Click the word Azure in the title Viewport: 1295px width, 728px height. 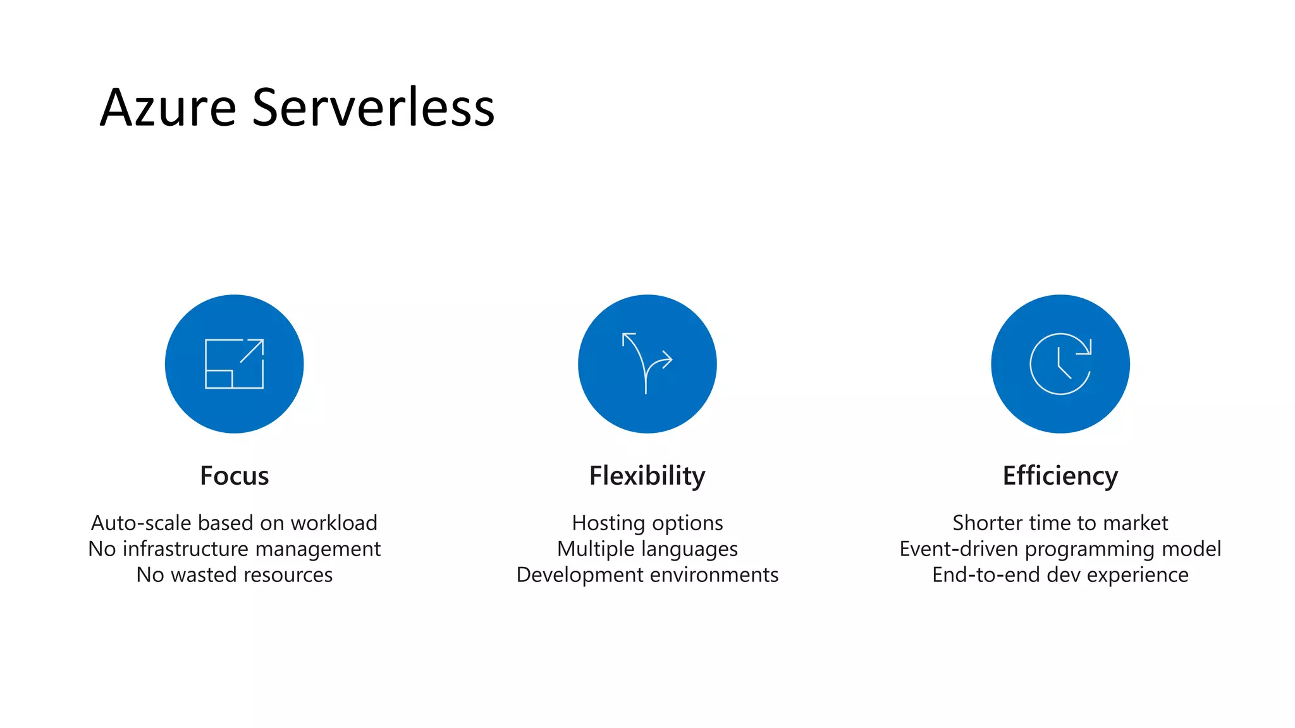pyautogui.click(x=168, y=107)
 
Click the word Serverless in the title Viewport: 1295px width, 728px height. pyautogui.click(x=373, y=107)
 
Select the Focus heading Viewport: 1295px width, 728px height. pyautogui.click(x=234, y=476)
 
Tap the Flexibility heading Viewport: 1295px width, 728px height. pyautogui.click(x=647, y=476)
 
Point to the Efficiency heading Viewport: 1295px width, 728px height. pyautogui.click(x=1060, y=476)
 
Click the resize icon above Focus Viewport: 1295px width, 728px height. pyautogui.click(x=234, y=364)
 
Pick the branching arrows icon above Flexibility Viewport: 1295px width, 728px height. pyautogui.click(x=647, y=364)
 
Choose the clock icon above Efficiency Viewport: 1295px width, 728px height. pyautogui.click(x=1060, y=364)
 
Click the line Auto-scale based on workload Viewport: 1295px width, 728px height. pyautogui.click(x=234, y=523)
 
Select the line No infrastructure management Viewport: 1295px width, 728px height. pyautogui.click(x=234, y=549)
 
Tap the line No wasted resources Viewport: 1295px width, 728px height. pyautogui.click(x=234, y=574)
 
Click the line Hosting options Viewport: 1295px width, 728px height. pyautogui.click(x=647, y=523)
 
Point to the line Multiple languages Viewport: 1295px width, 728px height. pyautogui.click(x=647, y=549)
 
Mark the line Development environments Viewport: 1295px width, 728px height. pyautogui.click(x=647, y=574)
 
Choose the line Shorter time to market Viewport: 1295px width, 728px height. pyautogui.click(x=1060, y=523)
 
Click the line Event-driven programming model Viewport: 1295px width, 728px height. pyautogui.click(x=1060, y=549)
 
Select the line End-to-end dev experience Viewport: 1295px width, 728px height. pyautogui.click(x=1060, y=574)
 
